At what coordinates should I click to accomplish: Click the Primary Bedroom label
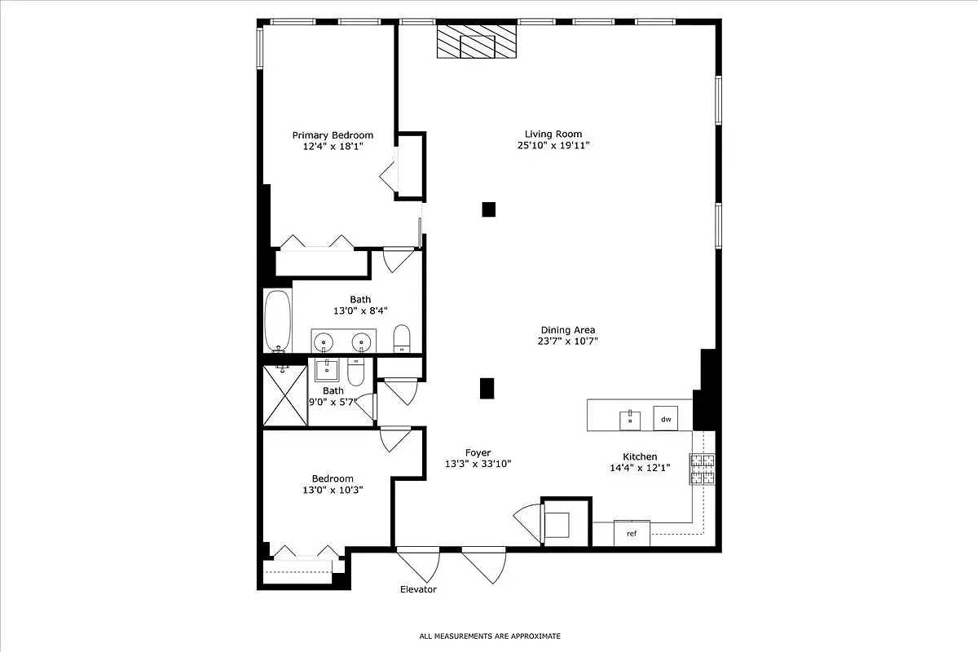pyautogui.click(x=333, y=135)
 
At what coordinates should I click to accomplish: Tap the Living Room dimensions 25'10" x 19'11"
pyautogui.click(x=553, y=146)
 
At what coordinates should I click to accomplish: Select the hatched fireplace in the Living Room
pyautogui.click(x=477, y=42)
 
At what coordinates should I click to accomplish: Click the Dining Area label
pyautogui.click(x=569, y=330)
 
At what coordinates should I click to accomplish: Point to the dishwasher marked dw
pyautogui.click(x=665, y=419)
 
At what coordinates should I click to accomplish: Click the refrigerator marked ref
pyautogui.click(x=632, y=533)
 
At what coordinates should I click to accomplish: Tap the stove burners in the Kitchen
pyautogui.click(x=703, y=469)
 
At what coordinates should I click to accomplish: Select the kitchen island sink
pyautogui.click(x=629, y=420)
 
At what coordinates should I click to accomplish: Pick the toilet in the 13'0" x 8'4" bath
pyautogui.click(x=402, y=338)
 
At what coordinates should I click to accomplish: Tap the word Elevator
pyautogui.click(x=418, y=589)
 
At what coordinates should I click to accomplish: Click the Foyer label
pyautogui.click(x=478, y=452)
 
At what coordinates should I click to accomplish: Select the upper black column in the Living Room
pyautogui.click(x=488, y=209)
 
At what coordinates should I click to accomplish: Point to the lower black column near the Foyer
pyautogui.click(x=487, y=389)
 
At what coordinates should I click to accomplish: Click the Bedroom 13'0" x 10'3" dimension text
pyautogui.click(x=333, y=490)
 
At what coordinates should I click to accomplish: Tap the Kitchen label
pyautogui.click(x=639, y=456)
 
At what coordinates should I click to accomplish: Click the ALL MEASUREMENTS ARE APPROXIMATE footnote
pyautogui.click(x=490, y=636)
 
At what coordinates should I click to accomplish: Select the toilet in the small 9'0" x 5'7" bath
pyautogui.click(x=355, y=373)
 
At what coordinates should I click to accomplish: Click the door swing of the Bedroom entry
pyautogui.click(x=395, y=440)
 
